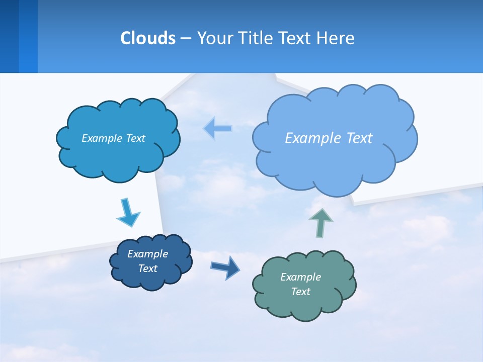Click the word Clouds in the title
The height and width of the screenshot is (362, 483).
pos(148,38)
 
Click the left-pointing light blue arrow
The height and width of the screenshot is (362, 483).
pos(218,128)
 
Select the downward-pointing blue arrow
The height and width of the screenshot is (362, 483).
pos(128,213)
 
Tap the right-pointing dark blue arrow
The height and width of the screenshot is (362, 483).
pos(225,267)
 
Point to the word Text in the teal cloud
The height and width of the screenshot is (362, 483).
pos(300,292)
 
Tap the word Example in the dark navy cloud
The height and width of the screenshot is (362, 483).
pos(147,254)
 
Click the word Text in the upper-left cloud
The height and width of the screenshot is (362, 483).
pos(135,138)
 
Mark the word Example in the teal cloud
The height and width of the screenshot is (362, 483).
pos(300,277)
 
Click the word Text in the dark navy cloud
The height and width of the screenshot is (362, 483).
pos(147,268)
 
